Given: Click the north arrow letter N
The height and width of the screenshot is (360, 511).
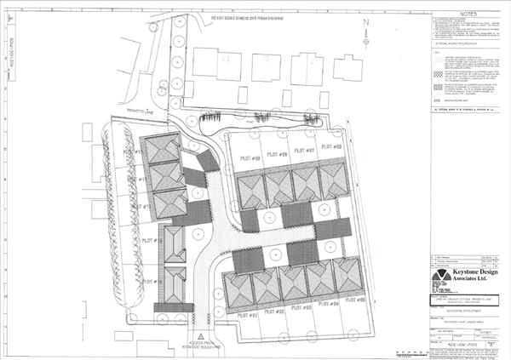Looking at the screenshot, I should click(365, 23).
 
